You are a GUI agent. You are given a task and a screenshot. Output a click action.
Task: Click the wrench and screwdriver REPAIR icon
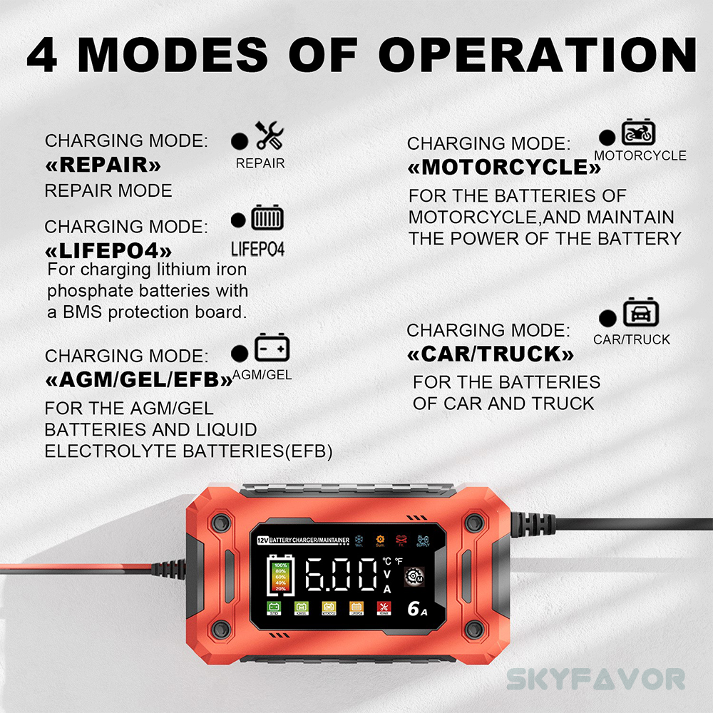point(270,135)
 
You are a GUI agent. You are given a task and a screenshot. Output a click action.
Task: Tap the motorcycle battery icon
point(638,133)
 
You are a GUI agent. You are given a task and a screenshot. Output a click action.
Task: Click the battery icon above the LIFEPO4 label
point(267,219)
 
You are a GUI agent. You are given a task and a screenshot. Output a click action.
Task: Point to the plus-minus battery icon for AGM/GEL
point(272,349)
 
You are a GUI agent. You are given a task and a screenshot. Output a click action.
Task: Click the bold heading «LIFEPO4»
point(108,250)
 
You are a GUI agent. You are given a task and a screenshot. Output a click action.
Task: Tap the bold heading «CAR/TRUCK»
point(491,354)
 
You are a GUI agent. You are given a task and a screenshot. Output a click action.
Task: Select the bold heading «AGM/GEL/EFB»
point(139,379)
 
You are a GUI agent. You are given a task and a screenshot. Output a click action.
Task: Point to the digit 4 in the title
point(44,54)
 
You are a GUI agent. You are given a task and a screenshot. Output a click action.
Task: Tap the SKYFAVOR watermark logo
point(596,678)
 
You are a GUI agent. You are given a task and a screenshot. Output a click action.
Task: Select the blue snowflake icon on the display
point(359,538)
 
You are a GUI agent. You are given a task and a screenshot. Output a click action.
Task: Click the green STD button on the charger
point(273,608)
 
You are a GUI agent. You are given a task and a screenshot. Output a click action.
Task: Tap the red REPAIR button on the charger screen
point(383,608)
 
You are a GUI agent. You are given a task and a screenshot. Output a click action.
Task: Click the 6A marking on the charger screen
point(418,607)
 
